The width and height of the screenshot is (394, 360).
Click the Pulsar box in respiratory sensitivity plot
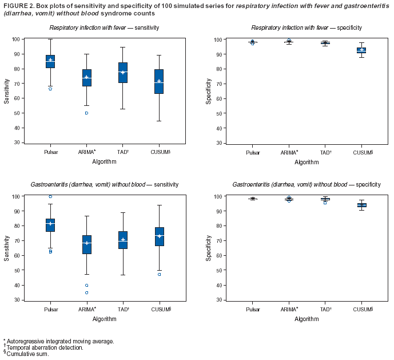click(x=50, y=62)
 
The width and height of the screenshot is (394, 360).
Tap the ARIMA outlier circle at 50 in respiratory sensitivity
click(x=86, y=113)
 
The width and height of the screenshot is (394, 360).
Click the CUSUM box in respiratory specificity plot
click(x=361, y=50)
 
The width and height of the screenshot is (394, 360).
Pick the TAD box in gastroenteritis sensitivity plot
click(x=123, y=240)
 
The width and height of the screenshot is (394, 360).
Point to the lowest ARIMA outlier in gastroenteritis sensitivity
click(x=86, y=292)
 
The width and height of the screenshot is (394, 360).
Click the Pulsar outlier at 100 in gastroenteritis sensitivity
click(x=50, y=196)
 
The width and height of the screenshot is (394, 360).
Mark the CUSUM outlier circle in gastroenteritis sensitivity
click(x=159, y=274)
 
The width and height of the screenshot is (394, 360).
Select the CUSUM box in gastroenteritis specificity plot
click(x=361, y=204)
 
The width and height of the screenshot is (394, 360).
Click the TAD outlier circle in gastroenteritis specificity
click(x=325, y=203)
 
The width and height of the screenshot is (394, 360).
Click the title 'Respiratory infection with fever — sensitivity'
click(x=104, y=27)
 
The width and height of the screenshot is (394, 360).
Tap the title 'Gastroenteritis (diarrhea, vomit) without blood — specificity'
click(x=307, y=184)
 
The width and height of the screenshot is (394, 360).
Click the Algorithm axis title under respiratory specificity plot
click(x=307, y=162)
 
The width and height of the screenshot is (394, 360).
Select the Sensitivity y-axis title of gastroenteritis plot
click(x=7, y=248)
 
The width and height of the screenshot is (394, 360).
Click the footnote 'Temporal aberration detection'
click(x=45, y=347)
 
